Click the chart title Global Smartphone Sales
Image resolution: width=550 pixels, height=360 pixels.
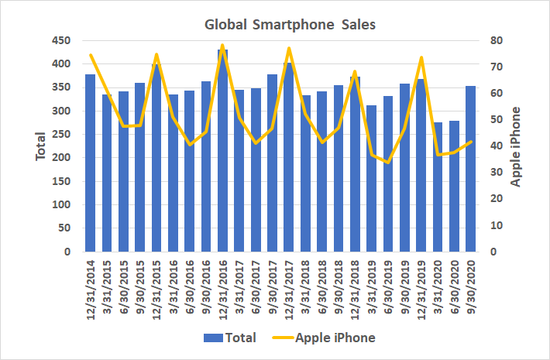[290, 25]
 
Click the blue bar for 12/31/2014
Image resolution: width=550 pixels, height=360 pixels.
[91, 163]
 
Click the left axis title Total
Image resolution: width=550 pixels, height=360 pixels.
[42, 146]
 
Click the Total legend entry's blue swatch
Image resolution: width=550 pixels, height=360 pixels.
[213, 338]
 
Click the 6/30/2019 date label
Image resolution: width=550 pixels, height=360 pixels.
[388, 286]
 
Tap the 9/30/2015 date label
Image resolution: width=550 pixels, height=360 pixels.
[140, 286]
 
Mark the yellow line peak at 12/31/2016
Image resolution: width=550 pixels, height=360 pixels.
[223, 46]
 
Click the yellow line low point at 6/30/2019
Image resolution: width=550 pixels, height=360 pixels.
[388, 163]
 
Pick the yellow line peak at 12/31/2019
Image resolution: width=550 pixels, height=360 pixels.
[421, 57]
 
